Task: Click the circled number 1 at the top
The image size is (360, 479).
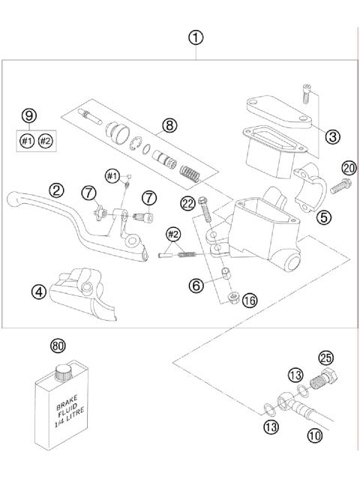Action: click(x=196, y=37)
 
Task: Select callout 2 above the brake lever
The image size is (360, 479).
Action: click(x=56, y=190)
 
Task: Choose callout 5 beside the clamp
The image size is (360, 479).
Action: click(x=324, y=217)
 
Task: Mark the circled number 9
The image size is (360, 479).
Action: click(x=28, y=115)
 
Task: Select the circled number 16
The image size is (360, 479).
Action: click(x=250, y=300)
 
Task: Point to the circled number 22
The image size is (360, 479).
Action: click(x=187, y=201)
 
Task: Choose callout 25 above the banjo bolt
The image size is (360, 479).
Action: click(x=325, y=358)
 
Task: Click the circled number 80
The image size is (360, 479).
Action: click(x=57, y=346)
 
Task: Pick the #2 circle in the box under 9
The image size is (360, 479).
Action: click(x=46, y=140)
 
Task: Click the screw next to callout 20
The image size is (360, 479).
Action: click(x=335, y=182)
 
